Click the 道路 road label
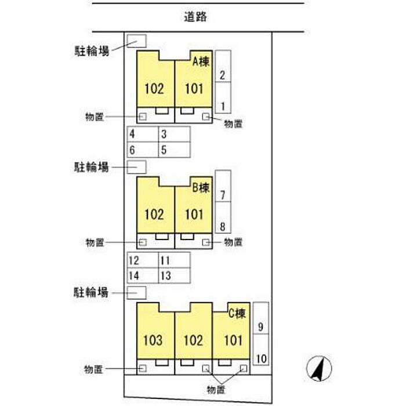click(x=195, y=17)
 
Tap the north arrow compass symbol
click(x=319, y=368)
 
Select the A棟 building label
click(x=201, y=61)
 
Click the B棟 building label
click(x=201, y=187)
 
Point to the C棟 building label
click(x=237, y=314)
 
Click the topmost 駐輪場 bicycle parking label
click(x=92, y=51)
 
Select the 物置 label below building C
click(x=216, y=390)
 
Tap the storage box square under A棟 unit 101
click(x=206, y=117)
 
